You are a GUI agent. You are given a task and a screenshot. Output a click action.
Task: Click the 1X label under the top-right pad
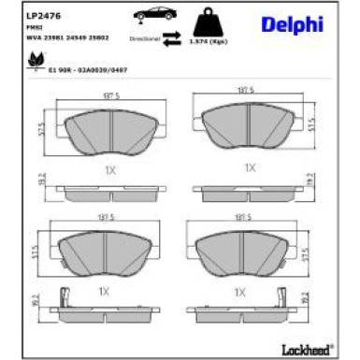[x=250, y=167]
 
